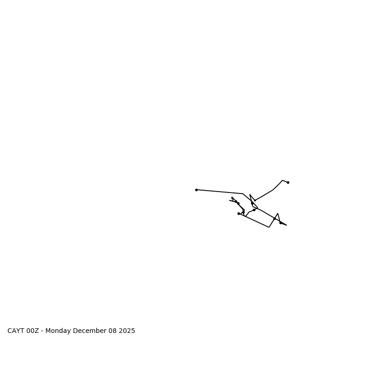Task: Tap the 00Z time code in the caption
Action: click(x=33, y=331)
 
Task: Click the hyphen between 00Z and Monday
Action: click(x=42, y=331)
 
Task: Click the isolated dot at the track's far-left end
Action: click(x=196, y=190)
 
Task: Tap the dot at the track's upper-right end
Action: click(x=288, y=182)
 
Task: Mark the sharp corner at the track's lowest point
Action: click(x=269, y=227)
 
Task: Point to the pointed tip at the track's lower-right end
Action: click(x=286, y=225)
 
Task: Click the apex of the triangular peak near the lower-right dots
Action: click(x=278, y=213)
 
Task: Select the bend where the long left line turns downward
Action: click(x=243, y=194)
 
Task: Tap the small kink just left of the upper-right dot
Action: click(x=282, y=180)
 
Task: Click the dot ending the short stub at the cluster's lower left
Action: click(x=239, y=213)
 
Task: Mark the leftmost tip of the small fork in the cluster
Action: click(x=230, y=200)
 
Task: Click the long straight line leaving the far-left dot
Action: click(x=219, y=192)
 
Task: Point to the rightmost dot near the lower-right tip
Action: click(x=280, y=223)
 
